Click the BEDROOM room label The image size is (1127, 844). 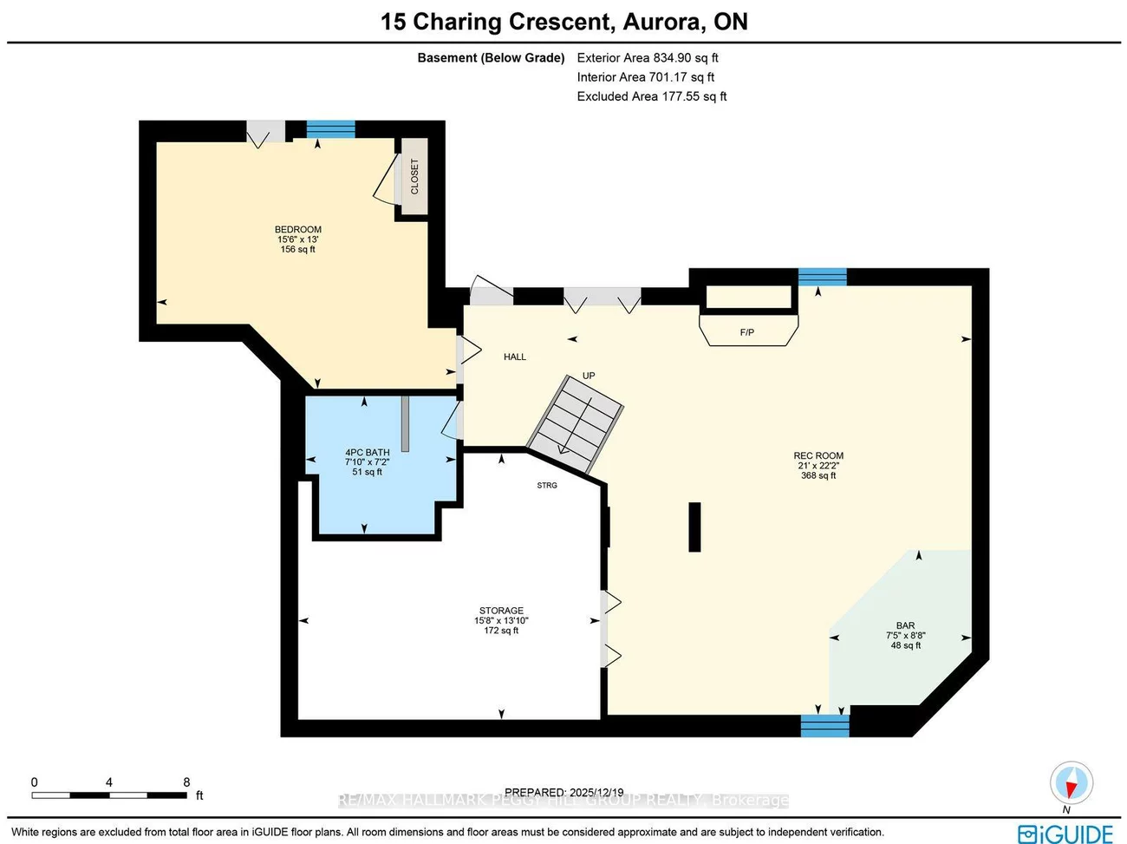[x=298, y=230]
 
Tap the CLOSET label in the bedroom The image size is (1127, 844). [x=414, y=176]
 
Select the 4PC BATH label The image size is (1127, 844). [x=368, y=452]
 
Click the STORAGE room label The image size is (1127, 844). [x=501, y=611]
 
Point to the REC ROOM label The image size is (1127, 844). [x=818, y=455]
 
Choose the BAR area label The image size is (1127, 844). [x=905, y=625]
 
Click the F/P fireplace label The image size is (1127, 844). [x=747, y=332]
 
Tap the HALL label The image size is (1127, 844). [x=515, y=357]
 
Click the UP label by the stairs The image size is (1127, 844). [x=589, y=376]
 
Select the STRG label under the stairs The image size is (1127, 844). [x=547, y=485]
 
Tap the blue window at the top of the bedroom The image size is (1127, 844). [x=330, y=129]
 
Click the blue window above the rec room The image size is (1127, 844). [x=822, y=277]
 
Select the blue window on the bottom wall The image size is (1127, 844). [x=824, y=725]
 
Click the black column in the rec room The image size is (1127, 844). [x=694, y=527]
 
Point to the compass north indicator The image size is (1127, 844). [x=1071, y=784]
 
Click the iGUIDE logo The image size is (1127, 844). [x=1065, y=834]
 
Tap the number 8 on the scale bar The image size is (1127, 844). [x=186, y=782]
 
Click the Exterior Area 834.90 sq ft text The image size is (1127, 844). [x=648, y=58]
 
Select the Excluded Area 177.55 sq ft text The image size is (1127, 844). [x=652, y=96]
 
